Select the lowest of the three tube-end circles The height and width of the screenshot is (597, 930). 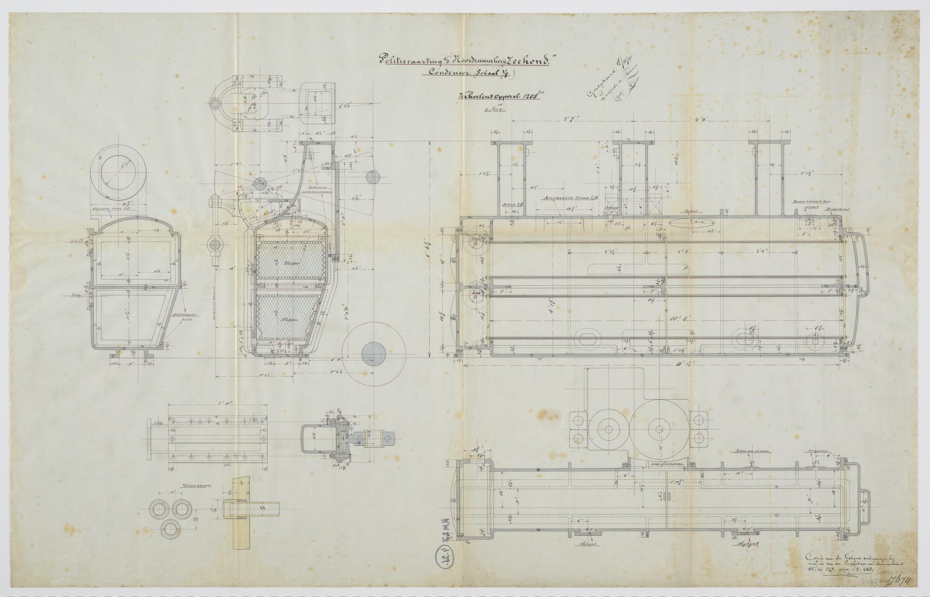pyautogui.click(x=172, y=529)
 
